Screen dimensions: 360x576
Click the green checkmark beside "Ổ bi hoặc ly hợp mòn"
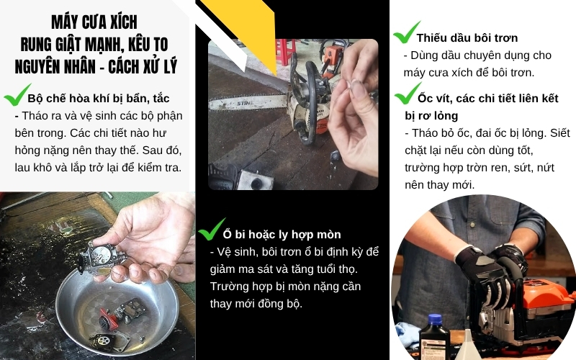tap(210, 230)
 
